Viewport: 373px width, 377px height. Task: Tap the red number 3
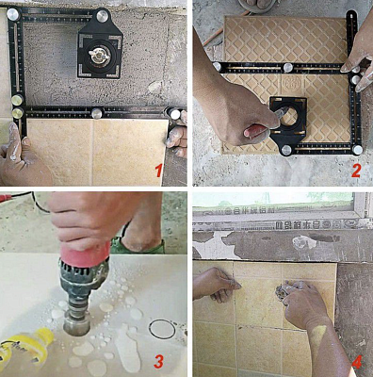(158, 361)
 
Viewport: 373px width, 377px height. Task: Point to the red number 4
(357, 362)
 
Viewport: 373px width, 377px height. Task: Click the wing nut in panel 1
(99, 54)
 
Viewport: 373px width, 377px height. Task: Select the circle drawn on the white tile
(162, 329)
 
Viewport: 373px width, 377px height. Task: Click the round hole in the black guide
(288, 116)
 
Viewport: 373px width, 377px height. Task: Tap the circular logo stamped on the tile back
(288, 83)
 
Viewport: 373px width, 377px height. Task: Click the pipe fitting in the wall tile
(282, 291)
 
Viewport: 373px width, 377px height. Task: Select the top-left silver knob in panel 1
(13, 14)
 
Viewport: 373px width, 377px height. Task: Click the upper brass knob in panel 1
(17, 101)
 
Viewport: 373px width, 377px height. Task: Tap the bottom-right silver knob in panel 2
(357, 150)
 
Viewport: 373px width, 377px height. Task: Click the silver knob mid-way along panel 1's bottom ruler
(97, 113)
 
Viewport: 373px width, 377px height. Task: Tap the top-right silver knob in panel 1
(102, 16)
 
